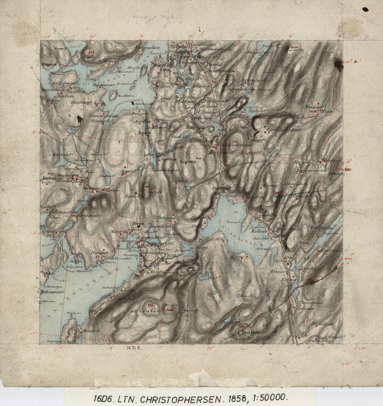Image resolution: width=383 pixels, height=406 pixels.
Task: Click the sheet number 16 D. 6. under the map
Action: coord(134,348)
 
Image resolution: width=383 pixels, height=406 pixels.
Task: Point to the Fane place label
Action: coord(170,256)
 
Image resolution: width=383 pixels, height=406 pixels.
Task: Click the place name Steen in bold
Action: coord(140,224)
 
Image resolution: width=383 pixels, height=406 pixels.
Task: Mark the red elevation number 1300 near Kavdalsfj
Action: coord(294,47)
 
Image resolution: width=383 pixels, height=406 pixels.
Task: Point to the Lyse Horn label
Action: coord(249,332)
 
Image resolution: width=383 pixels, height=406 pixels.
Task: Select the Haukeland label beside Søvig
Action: coord(81,102)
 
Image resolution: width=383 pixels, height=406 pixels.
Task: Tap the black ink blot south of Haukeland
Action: coord(80,119)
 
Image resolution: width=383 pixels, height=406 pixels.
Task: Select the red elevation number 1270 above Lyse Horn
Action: coord(242,327)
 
